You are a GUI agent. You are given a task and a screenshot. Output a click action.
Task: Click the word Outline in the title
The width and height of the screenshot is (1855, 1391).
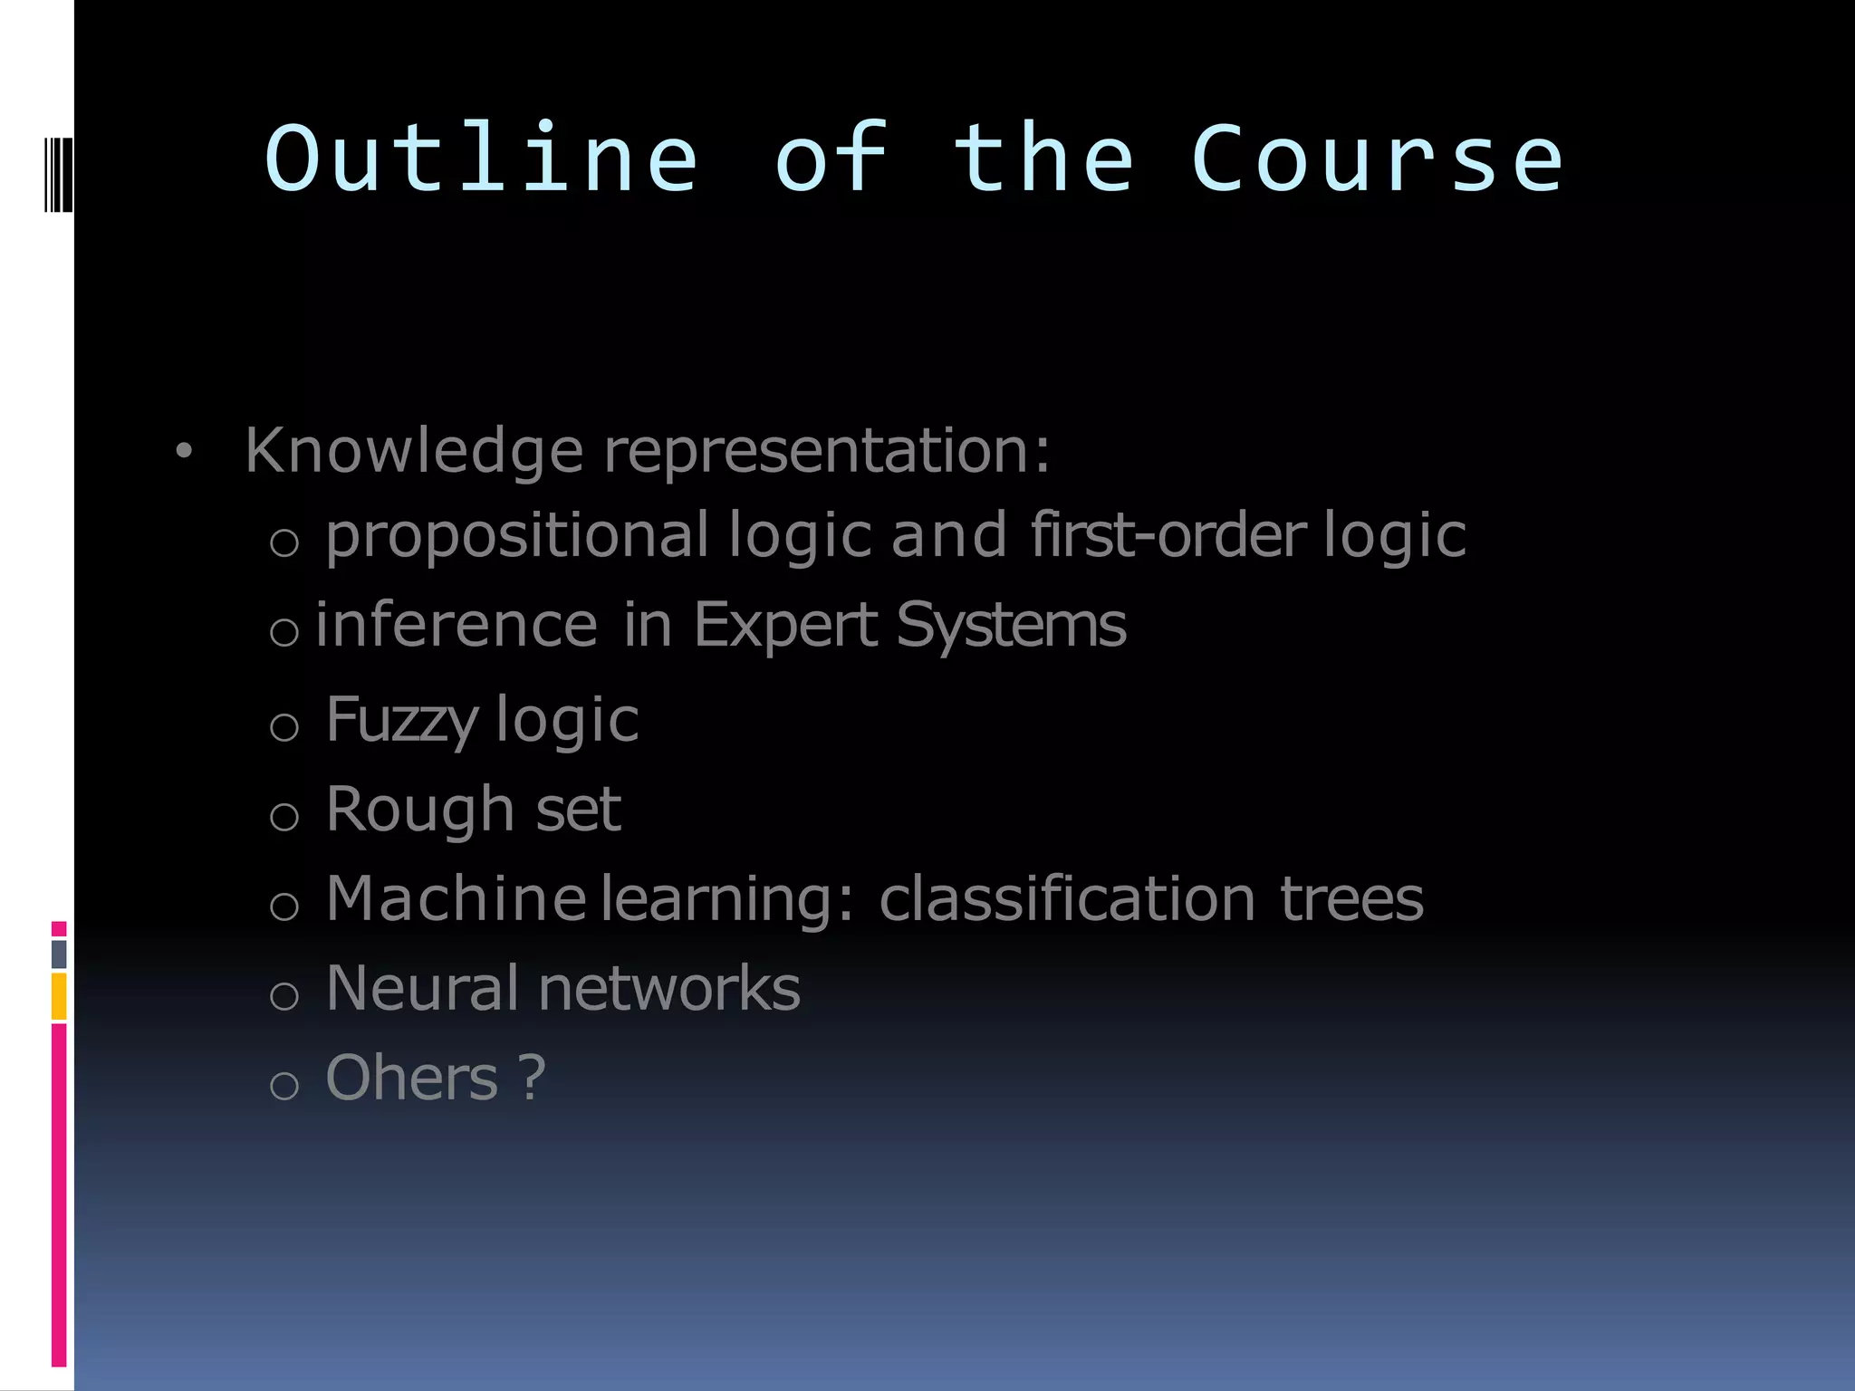481,159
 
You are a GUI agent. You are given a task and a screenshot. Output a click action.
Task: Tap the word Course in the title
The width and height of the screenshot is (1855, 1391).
1377,161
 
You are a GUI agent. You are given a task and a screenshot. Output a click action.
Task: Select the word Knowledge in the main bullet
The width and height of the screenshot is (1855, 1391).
414,451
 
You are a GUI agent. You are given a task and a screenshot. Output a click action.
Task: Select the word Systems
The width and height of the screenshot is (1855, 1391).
1011,627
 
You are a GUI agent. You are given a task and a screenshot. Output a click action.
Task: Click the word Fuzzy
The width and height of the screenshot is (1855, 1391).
401,722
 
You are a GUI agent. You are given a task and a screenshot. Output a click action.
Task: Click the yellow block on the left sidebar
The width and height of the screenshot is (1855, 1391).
59,996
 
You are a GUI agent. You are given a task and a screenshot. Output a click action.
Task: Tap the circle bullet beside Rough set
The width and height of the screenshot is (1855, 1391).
284,817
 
